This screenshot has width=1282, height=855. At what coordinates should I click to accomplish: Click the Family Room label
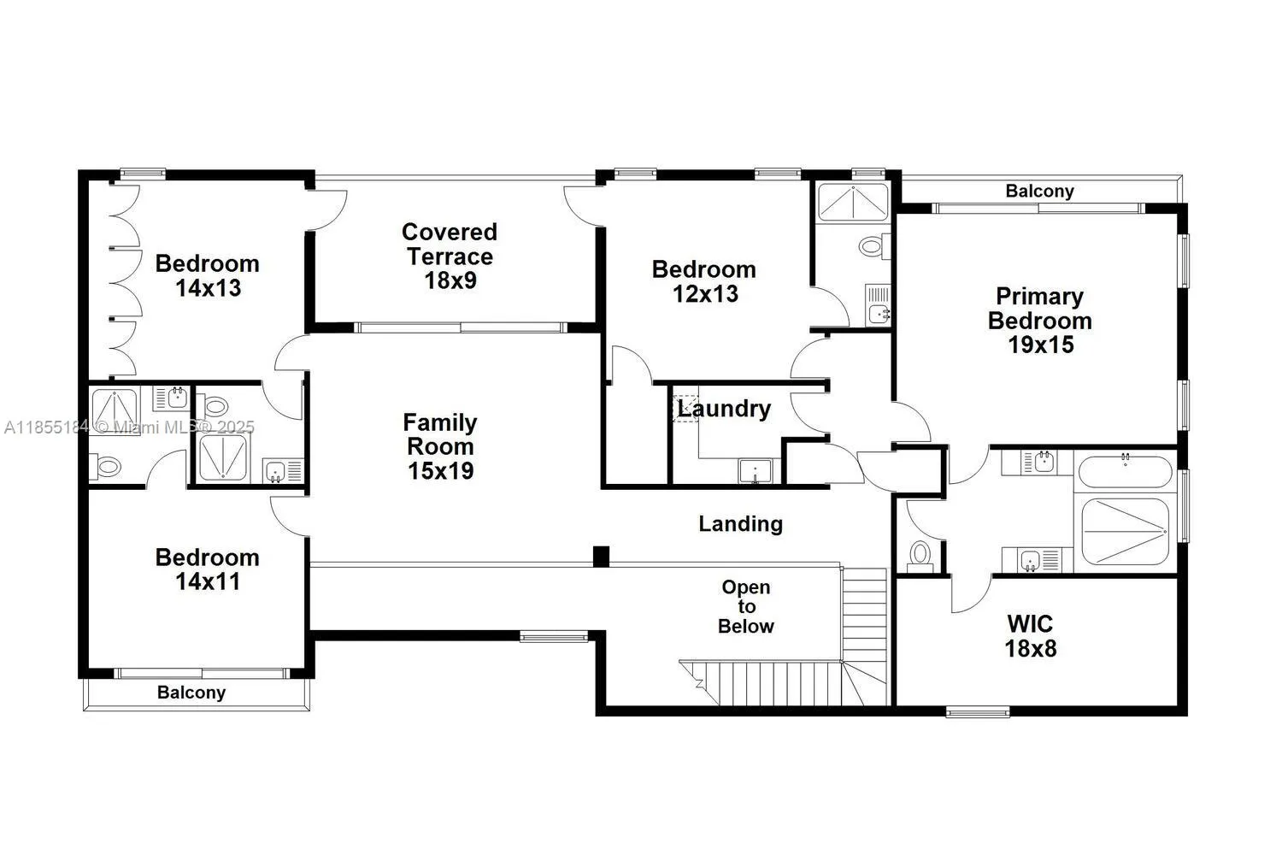click(x=440, y=446)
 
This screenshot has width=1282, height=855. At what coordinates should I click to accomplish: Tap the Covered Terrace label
click(x=450, y=256)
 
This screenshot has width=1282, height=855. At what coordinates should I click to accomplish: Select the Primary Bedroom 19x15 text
click(x=1039, y=321)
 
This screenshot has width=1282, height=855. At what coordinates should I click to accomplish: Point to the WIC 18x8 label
click(x=1030, y=636)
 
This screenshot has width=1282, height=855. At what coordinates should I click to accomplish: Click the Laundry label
click(x=724, y=409)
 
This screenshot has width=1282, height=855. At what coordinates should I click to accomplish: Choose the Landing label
click(x=740, y=523)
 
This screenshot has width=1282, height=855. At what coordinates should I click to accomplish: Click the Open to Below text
click(x=745, y=607)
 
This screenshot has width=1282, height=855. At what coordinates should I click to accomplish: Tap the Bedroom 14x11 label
click(x=207, y=569)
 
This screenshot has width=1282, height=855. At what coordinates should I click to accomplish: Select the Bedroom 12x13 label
click(x=703, y=281)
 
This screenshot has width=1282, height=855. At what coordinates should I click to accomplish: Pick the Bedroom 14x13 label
click(x=207, y=275)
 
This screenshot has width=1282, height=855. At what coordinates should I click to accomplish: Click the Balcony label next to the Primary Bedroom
click(x=1039, y=191)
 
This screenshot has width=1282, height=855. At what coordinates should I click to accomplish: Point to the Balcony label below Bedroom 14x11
click(x=191, y=693)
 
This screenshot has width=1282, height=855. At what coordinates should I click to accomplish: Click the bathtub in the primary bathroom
click(x=1125, y=471)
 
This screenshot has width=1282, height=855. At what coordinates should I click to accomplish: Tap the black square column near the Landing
click(x=601, y=556)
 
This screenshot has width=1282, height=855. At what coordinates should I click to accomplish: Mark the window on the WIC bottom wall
click(x=977, y=711)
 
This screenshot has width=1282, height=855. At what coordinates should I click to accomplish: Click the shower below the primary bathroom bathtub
click(x=1125, y=531)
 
